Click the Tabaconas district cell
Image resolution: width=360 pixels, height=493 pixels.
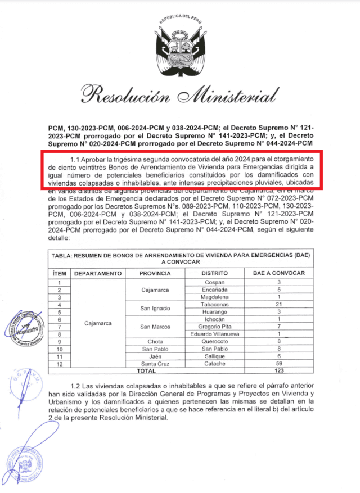pyautogui.click(x=214, y=304)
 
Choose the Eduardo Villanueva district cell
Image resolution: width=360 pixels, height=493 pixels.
pyautogui.click(x=214, y=334)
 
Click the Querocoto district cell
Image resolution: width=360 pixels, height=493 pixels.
pyautogui.click(x=214, y=341)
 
